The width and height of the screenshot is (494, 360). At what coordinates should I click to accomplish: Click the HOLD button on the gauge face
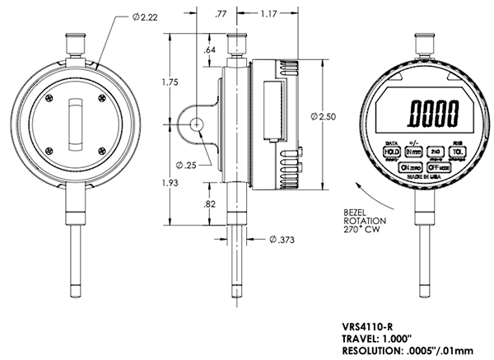390,152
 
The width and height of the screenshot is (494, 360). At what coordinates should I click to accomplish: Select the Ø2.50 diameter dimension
323,117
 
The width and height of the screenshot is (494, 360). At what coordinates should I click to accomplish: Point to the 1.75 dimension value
170,82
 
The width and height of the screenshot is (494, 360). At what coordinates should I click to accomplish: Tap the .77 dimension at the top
220,13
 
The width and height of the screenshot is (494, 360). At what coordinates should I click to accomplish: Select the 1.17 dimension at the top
267,13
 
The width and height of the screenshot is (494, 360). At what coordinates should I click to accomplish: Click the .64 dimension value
210,50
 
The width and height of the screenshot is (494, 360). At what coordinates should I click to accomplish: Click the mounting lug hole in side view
198,124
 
